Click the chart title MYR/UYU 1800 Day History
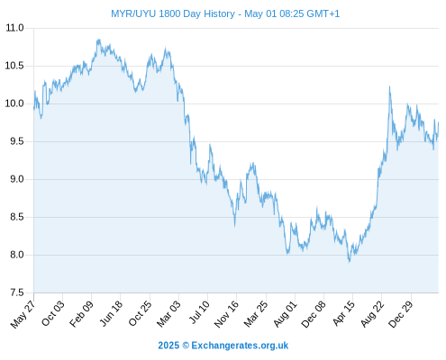click(x=173, y=13)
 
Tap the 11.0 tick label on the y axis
click(x=14, y=28)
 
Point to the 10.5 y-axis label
click(x=14, y=66)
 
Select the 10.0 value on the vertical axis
click(x=14, y=103)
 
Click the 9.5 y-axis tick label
click(x=17, y=141)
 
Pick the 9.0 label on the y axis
click(x=17, y=179)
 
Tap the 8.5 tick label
click(x=17, y=217)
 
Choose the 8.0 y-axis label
click(x=17, y=255)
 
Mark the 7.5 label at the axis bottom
click(x=17, y=292)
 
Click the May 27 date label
click(x=23, y=314)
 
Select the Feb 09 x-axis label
click(x=81, y=314)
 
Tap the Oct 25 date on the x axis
click(x=140, y=314)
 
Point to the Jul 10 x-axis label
click(x=199, y=312)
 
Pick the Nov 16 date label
click(x=226, y=314)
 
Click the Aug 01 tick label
click(x=286, y=314)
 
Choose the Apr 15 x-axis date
click(x=344, y=313)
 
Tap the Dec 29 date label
click(x=401, y=314)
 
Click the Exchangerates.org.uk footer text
click(x=240, y=346)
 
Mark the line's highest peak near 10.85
click(x=98, y=40)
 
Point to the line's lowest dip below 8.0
click(x=350, y=262)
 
